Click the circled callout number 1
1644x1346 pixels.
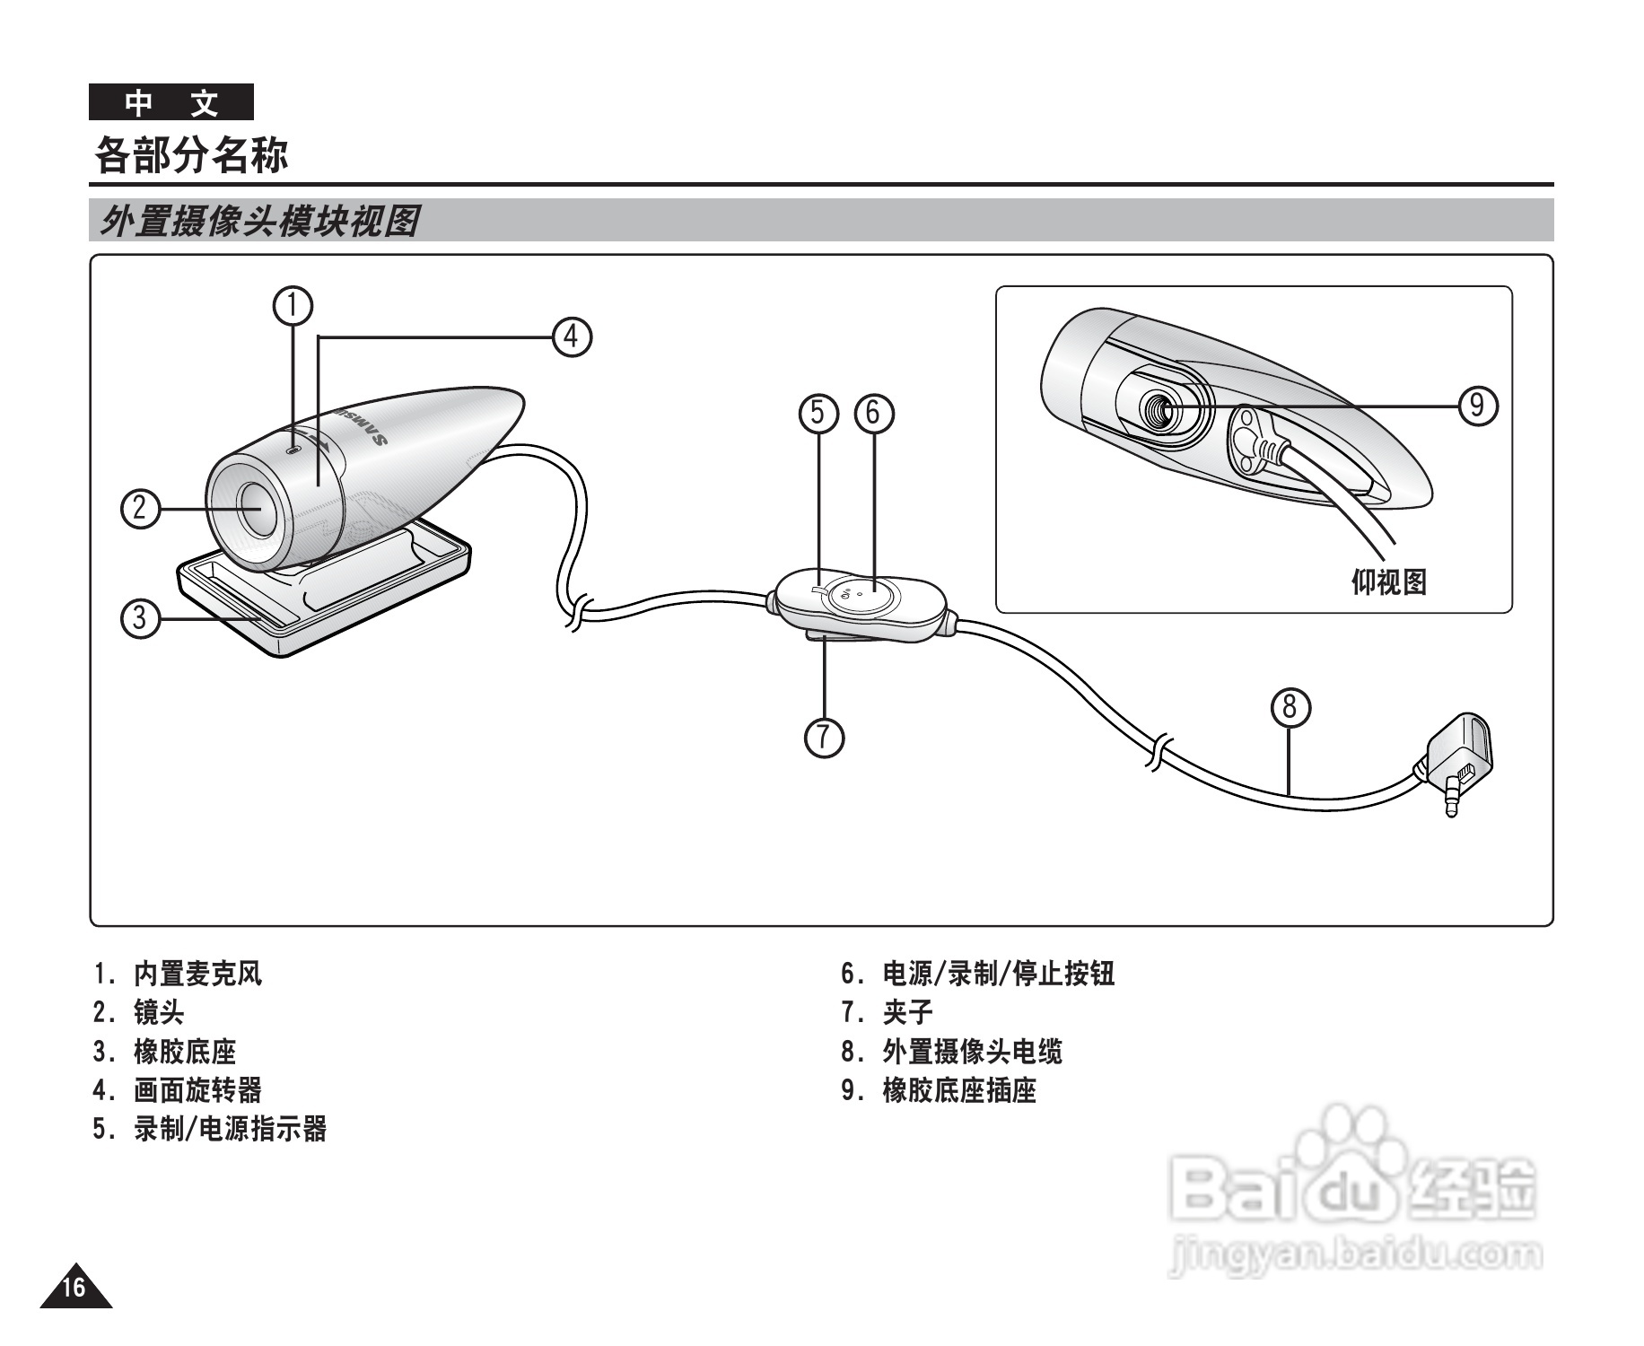[293, 306]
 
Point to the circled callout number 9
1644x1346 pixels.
[1477, 406]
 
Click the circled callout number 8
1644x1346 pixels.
[1290, 707]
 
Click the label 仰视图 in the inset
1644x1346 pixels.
[1388, 582]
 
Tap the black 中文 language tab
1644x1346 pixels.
[171, 102]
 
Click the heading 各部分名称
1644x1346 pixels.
[191, 154]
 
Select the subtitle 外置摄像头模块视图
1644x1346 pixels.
[258, 221]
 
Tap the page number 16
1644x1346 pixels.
[74, 1287]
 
